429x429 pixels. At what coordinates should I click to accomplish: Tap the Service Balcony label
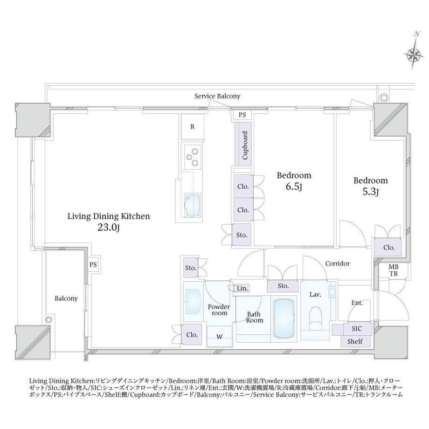click(x=217, y=96)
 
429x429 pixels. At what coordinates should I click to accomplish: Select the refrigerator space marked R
click(x=193, y=127)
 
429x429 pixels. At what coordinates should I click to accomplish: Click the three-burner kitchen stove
click(x=192, y=157)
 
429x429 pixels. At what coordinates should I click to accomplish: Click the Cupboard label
click(x=245, y=145)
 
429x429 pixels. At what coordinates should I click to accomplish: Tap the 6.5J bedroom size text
click(x=294, y=187)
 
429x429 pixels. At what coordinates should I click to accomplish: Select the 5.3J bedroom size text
click(x=370, y=192)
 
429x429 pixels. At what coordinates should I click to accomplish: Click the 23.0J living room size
click(x=109, y=227)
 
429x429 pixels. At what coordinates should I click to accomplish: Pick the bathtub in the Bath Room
click(x=284, y=318)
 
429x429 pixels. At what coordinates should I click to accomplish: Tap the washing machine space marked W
click(x=220, y=337)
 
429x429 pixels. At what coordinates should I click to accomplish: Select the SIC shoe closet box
click(x=357, y=329)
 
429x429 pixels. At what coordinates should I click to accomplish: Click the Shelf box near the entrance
click(x=355, y=341)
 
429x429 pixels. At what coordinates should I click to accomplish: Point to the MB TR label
click(x=394, y=270)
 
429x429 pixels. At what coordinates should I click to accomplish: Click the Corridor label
click(x=337, y=263)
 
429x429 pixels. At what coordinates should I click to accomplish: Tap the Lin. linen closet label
click(x=242, y=288)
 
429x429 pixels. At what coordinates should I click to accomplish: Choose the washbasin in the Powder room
click(x=193, y=302)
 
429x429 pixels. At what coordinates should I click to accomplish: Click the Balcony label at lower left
click(x=66, y=298)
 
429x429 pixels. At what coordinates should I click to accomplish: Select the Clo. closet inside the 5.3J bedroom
click(x=388, y=247)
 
